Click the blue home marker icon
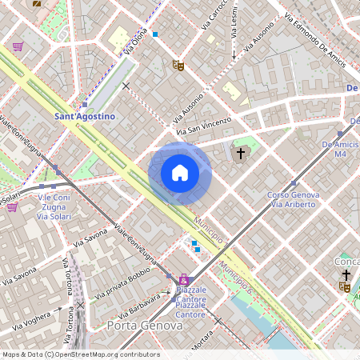180,173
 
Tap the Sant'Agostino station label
84,116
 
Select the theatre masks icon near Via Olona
178,65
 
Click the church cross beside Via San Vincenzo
240,152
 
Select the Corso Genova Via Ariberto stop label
293,200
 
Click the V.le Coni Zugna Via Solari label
54,206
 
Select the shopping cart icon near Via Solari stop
12,206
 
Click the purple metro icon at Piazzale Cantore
185,279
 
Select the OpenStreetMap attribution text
80,354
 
